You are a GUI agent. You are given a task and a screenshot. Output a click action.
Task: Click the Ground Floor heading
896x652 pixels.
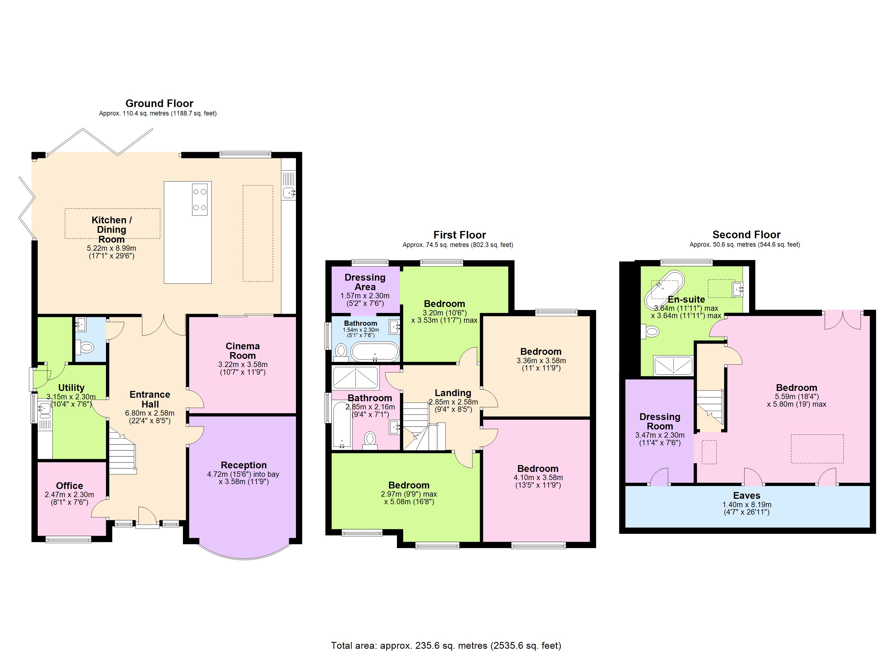tap(159, 104)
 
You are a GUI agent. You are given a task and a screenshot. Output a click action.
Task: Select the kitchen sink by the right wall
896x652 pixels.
tap(289, 193)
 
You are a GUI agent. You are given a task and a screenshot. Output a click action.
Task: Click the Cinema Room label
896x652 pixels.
tap(242, 351)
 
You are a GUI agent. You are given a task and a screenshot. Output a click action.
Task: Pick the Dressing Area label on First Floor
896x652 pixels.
tap(365, 282)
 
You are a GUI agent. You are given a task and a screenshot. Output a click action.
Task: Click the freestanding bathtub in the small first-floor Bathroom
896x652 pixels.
tap(375, 351)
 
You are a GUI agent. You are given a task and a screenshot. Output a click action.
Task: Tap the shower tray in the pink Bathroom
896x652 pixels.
tap(356, 378)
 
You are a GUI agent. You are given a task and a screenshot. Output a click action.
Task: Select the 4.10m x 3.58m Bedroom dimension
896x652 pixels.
tap(538, 477)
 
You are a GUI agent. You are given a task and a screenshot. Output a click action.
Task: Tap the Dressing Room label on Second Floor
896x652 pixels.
tap(660, 421)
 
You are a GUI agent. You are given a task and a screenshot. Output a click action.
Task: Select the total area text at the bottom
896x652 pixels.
tap(446, 645)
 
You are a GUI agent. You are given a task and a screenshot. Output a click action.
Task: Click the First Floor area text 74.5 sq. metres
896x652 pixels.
tap(458, 245)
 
